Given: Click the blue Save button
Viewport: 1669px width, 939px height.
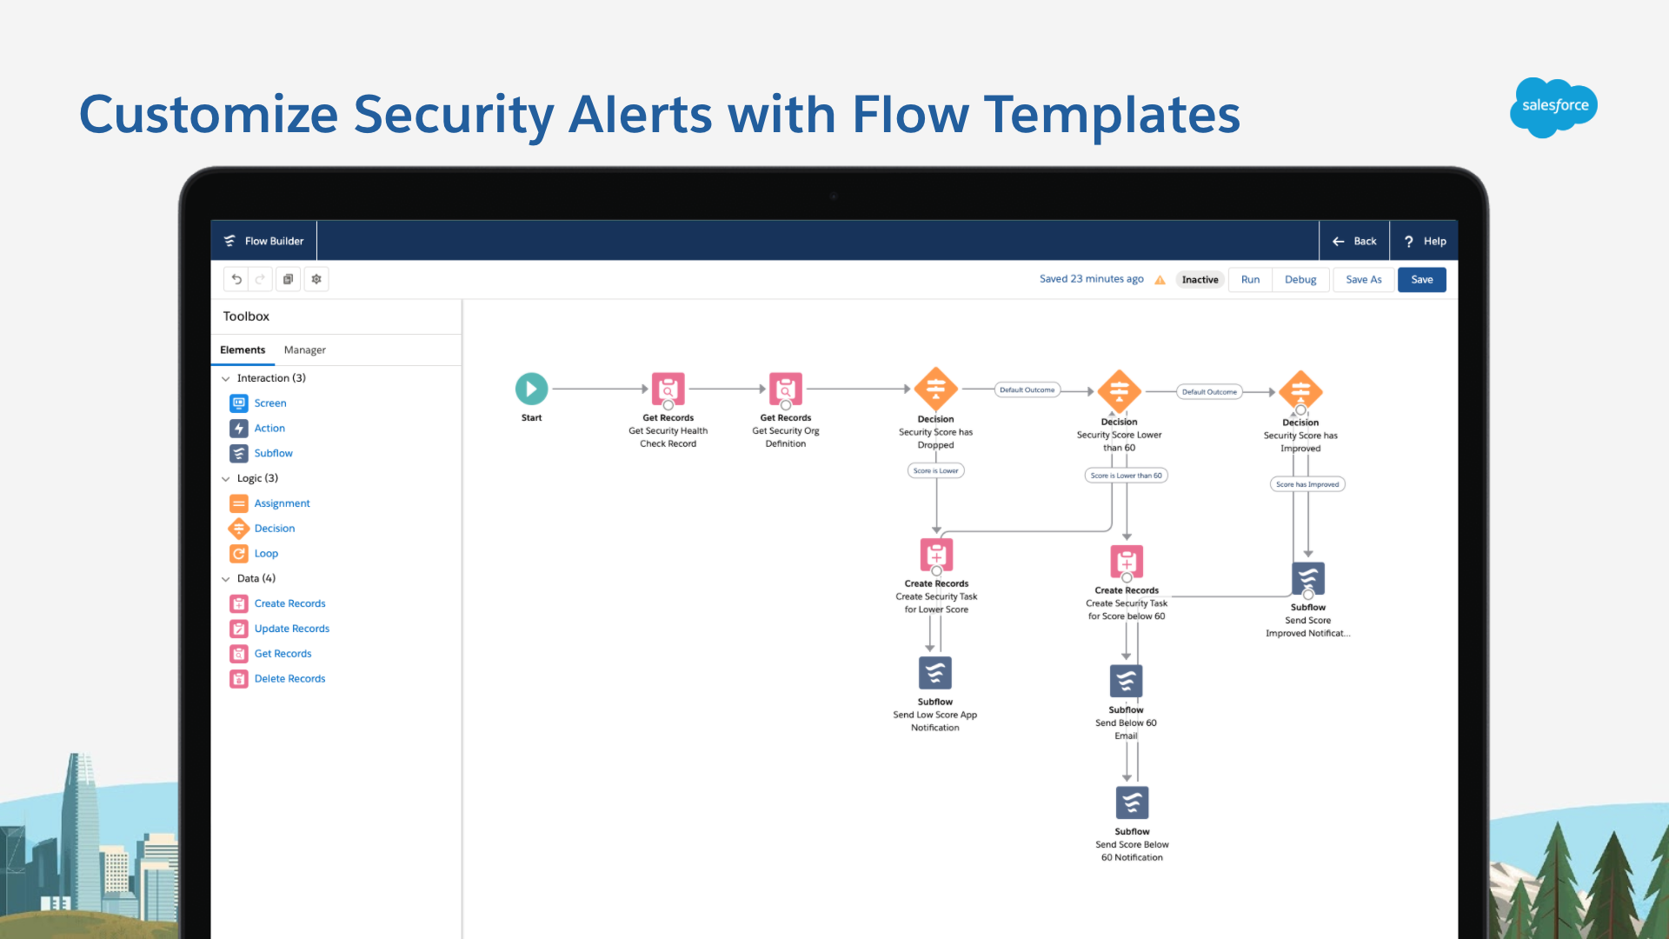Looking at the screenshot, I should click(1421, 279).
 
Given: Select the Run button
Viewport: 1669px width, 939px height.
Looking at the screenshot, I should click(1250, 279).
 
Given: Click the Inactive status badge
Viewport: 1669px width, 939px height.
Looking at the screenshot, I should click(1200, 279).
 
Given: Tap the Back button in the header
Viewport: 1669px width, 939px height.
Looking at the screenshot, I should click(1354, 241).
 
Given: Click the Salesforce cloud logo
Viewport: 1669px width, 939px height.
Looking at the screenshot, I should click(1553, 107).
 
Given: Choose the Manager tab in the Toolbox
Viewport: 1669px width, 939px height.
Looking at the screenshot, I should click(304, 350).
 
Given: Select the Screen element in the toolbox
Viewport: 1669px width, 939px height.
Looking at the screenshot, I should click(269, 403).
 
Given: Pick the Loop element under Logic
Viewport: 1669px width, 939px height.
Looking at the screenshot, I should click(266, 554).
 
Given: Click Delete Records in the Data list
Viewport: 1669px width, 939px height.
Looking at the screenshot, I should click(289, 679).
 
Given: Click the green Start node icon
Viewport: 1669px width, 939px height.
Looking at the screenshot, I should click(531, 389).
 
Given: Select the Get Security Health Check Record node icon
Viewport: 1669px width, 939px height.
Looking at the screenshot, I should click(668, 389).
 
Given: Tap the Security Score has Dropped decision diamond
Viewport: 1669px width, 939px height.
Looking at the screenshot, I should click(935, 389).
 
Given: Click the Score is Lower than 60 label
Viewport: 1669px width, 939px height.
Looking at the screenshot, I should click(1126, 476).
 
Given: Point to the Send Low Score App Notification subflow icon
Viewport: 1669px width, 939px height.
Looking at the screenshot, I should click(935, 673).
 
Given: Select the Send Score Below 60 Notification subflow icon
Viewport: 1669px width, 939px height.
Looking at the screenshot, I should click(1132, 802).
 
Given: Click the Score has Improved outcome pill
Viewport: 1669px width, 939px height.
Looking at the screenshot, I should click(1307, 484).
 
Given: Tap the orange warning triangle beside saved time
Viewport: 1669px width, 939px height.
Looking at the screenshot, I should click(1160, 280).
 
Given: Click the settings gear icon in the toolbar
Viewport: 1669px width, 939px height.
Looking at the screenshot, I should click(316, 279).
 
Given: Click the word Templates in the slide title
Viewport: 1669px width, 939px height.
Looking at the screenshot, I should click(1112, 115).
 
